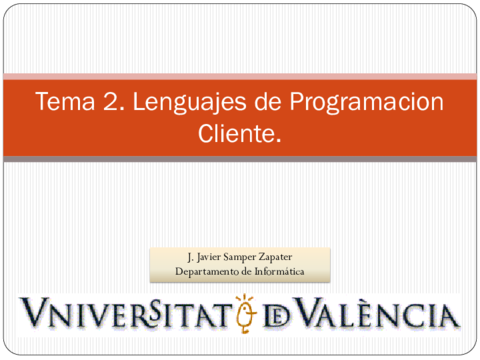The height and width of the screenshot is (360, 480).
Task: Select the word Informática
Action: pos(282,270)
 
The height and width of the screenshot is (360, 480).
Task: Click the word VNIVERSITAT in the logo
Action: pos(123,314)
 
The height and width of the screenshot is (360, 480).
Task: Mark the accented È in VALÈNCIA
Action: pos(353,314)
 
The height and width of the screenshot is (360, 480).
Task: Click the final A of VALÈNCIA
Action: pos(447,316)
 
